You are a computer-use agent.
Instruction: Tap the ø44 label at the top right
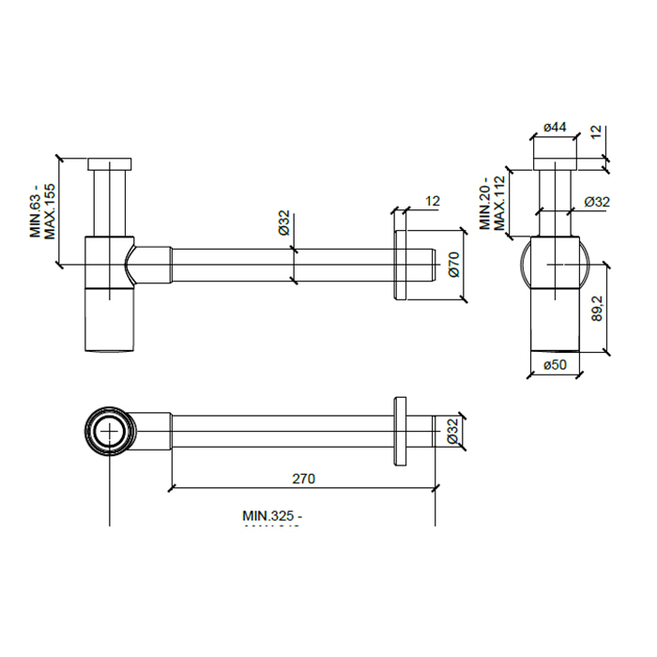[x=558, y=128]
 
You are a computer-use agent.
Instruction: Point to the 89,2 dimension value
[x=597, y=307]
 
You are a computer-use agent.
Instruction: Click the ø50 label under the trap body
[x=558, y=366]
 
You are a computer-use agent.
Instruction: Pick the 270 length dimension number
[x=303, y=478]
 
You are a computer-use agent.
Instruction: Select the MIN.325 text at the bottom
[x=273, y=515]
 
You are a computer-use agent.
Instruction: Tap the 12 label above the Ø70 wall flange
[x=433, y=201]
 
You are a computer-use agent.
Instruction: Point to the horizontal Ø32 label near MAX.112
[x=597, y=202]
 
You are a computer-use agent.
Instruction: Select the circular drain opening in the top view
[x=111, y=432]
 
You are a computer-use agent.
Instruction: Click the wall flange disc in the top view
[x=402, y=431]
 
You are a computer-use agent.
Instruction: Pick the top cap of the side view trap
[x=112, y=164]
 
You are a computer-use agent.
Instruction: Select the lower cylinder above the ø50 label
[x=558, y=319]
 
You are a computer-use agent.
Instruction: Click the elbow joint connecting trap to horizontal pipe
[x=148, y=264]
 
